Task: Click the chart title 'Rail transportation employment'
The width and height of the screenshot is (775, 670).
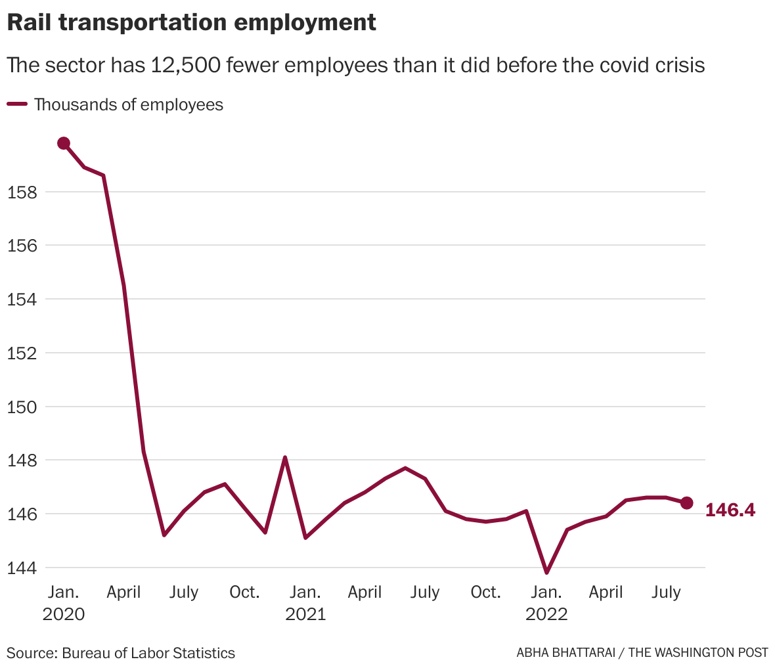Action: (191, 22)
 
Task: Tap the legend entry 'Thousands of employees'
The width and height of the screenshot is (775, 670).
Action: (128, 104)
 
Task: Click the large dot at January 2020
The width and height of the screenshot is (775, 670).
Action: (64, 143)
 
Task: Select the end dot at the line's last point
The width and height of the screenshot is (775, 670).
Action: (686, 502)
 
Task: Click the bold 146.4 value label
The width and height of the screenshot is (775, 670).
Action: (730, 510)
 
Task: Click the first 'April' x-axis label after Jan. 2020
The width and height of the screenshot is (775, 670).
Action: (123, 592)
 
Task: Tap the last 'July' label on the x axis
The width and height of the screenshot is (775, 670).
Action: (666, 592)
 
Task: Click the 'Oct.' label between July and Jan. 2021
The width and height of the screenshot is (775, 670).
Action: (244, 592)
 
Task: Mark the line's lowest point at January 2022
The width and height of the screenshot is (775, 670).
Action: (546, 573)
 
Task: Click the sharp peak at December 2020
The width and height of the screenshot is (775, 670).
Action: (285, 457)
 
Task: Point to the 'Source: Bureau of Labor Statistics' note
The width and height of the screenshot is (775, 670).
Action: (121, 653)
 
